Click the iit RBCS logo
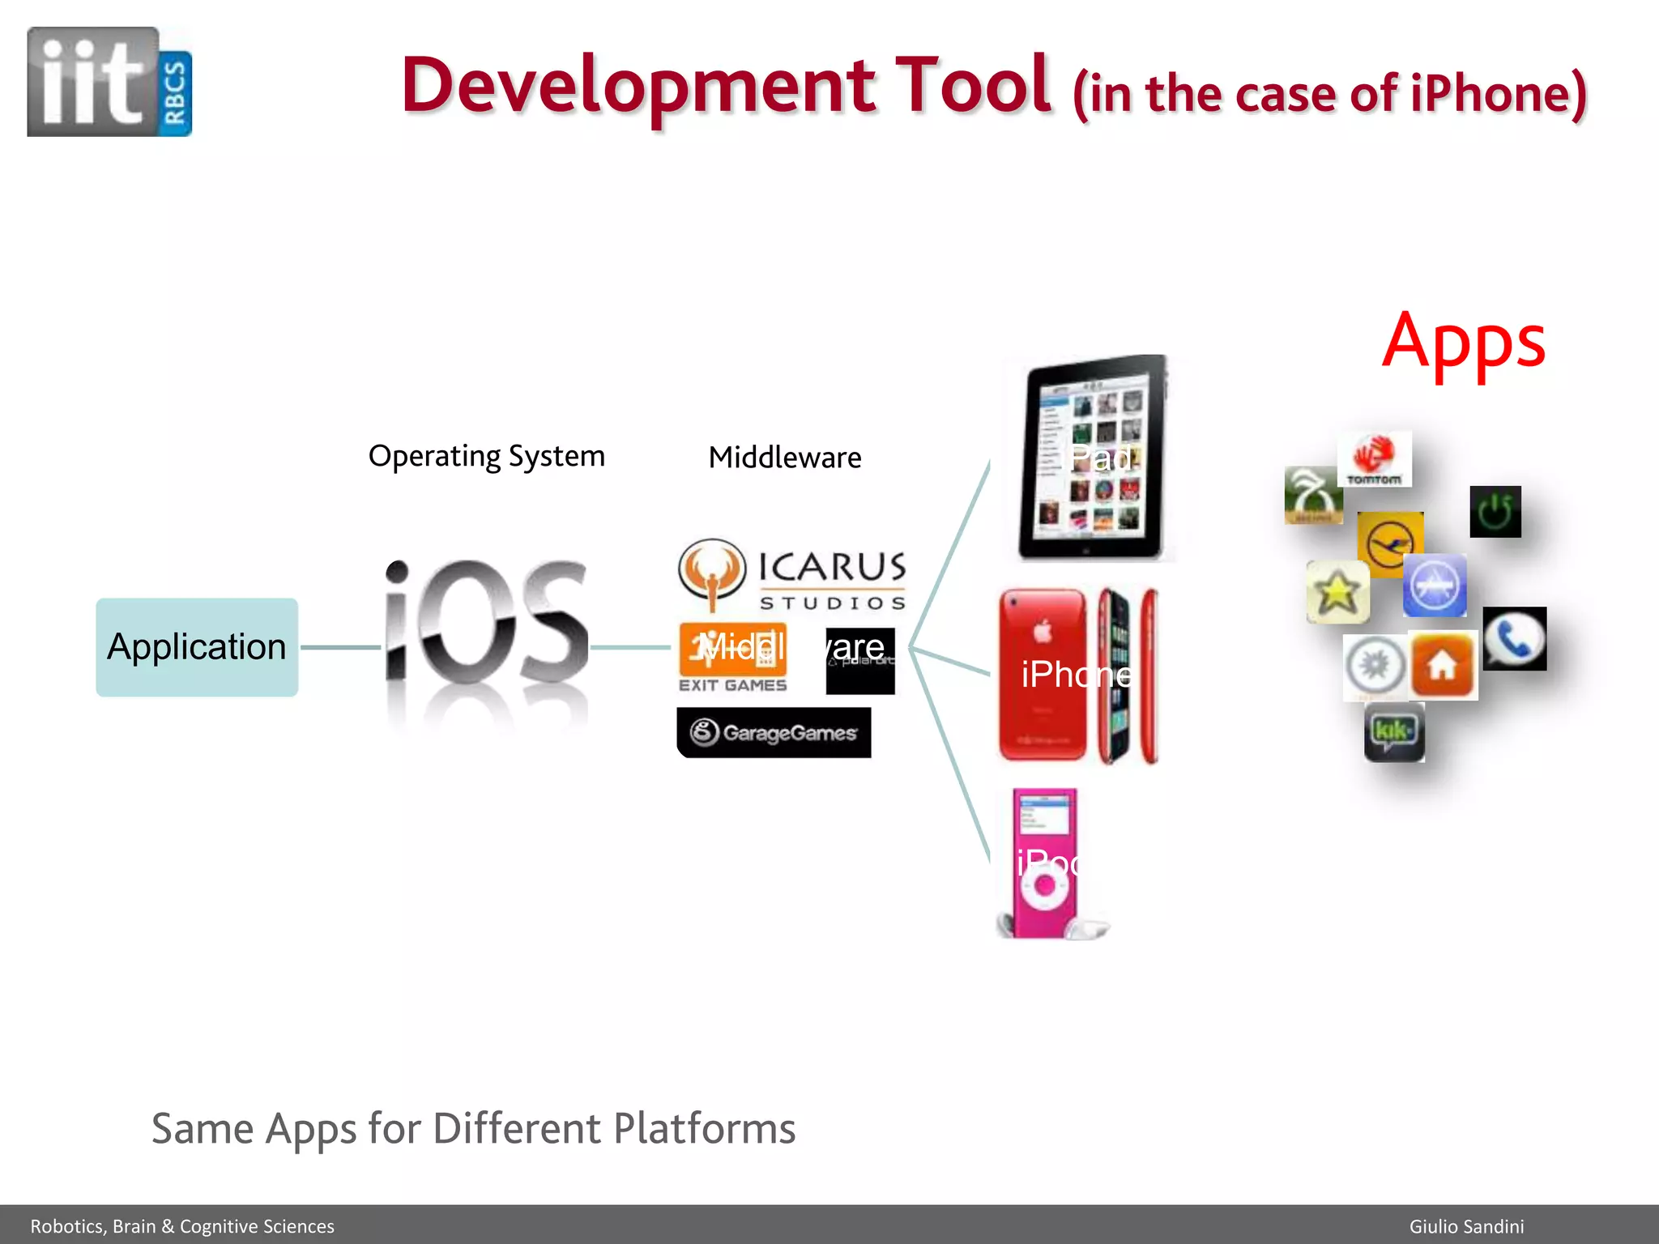click(x=109, y=82)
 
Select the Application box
click(x=197, y=647)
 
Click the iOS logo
click(x=486, y=624)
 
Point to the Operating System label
click(x=486, y=456)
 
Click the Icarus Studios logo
click(x=792, y=574)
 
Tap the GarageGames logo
click(x=774, y=733)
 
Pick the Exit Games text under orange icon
click(x=732, y=685)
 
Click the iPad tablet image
click(x=1092, y=458)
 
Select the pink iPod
click(x=1045, y=863)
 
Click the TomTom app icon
click(x=1374, y=459)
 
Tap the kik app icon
click(x=1393, y=732)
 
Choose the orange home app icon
click(x=1442, y=666)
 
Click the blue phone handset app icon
click(x=1514, y=639)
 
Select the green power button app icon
click(x=1495, y=512)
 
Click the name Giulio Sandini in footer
click(x=1466, y=1226)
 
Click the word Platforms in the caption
click(x=704, y=1128)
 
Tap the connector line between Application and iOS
click(x=340, y=647)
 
